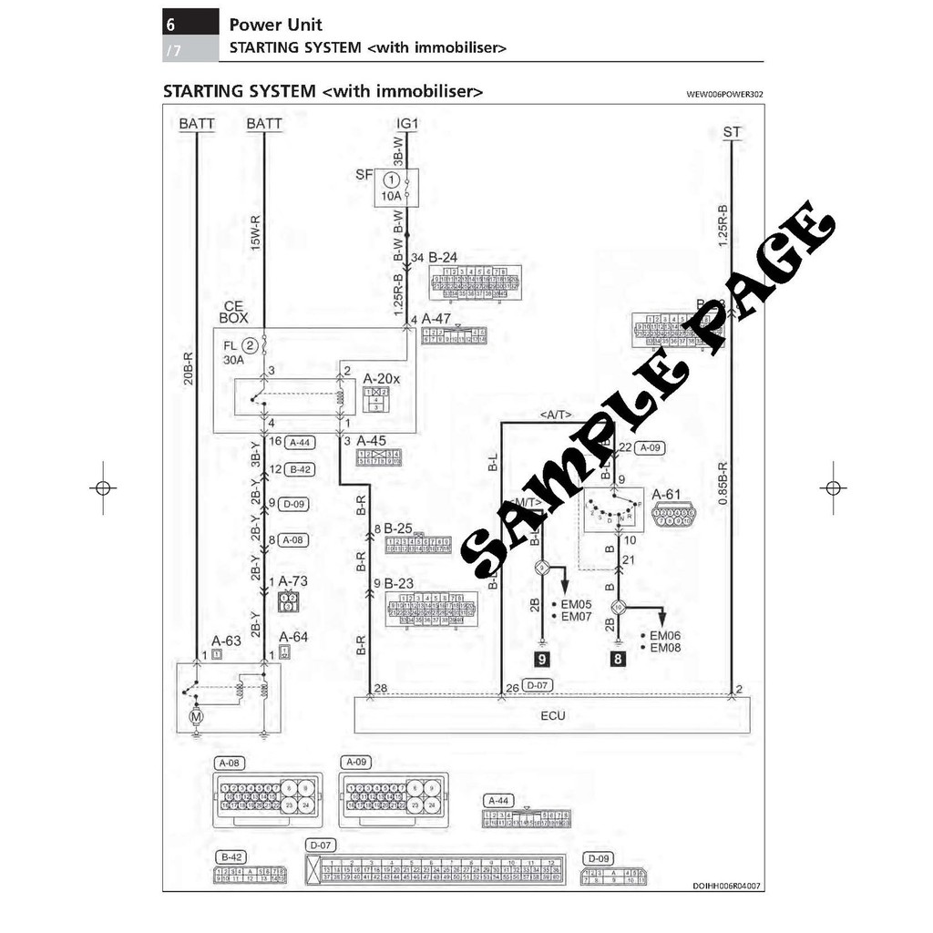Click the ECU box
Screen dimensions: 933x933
552,715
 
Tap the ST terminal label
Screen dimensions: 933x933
732,132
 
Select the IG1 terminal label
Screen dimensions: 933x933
406,123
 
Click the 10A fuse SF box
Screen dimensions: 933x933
396,187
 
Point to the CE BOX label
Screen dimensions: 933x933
234,313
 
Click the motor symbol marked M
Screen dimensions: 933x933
194,717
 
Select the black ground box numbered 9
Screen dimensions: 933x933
542,659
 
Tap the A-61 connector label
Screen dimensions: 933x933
666,495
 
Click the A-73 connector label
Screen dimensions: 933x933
293,580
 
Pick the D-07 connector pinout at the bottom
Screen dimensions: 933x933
434,871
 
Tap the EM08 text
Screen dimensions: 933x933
664,648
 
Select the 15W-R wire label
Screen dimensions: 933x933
255,233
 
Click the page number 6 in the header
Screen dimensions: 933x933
171,24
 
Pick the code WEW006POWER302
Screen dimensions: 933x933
725,94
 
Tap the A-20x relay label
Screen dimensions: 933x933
382,377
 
